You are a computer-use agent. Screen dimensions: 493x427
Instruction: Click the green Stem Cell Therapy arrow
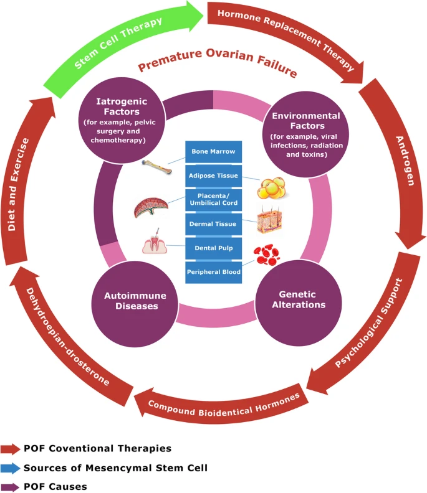[118, 42]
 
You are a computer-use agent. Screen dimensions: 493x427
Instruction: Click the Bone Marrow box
[214, 152]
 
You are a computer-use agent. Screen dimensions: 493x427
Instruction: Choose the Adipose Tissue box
[214, 176]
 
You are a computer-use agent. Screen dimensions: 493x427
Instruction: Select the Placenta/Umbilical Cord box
[214, 200]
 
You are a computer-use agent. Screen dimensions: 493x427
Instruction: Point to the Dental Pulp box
[214, 248]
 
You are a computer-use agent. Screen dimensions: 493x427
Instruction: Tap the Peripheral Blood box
[214, 271]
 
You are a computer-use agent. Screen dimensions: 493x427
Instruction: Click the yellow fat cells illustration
[274, 186]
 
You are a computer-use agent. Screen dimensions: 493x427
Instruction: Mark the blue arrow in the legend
[11, 467]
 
